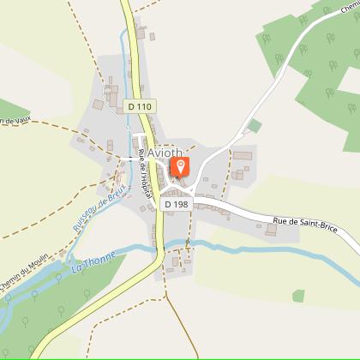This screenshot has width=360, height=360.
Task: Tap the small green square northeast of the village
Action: pyautogui.click(x=254, y=126)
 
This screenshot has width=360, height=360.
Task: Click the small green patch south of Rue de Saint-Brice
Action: pyautogui.click(x=297, y=296)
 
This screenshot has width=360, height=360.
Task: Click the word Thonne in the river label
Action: pyautogui.click(x=93, y=264)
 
